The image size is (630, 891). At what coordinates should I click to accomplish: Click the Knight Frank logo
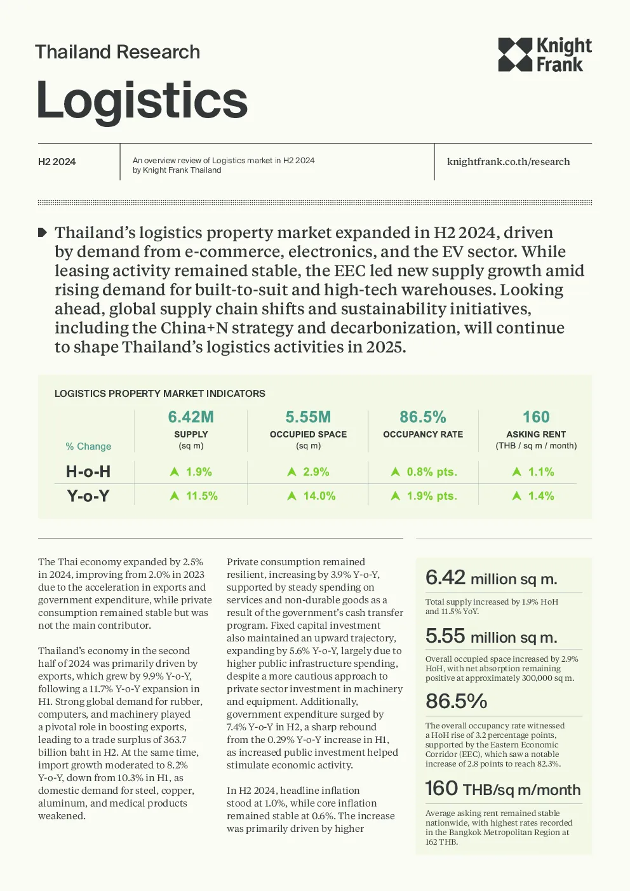coord(545,55)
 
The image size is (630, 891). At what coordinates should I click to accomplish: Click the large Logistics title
coord(142,100)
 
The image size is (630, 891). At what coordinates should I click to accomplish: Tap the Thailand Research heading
coord(117,52)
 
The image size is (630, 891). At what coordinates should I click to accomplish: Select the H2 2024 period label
coord(57,162)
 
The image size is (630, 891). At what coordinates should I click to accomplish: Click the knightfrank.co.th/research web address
coord(508,162)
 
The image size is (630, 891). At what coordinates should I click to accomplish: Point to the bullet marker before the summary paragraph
coord(43,232)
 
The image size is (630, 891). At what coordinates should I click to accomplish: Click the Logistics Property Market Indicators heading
coord(160,393)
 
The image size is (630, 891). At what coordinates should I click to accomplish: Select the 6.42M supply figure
coord(191,417)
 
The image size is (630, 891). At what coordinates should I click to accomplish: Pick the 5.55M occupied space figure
coord(308,417)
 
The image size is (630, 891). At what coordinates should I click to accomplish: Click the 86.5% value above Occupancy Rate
coord(423,417)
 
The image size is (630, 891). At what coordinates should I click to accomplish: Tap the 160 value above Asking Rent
coord(536,417)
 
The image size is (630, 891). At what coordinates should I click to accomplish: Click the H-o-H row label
coord(88,472)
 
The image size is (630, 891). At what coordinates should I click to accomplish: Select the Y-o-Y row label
coord(88,496)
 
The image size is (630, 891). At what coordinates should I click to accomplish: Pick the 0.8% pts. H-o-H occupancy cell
coord(424,472)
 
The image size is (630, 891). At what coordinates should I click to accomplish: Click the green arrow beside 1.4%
coord(517,495)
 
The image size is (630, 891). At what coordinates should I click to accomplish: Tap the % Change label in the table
coord(88,446)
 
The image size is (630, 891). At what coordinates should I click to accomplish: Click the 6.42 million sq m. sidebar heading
coord(491,578)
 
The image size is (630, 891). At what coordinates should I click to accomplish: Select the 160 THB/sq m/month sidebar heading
coord(503,789)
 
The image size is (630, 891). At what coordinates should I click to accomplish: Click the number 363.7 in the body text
coord(175,739)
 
